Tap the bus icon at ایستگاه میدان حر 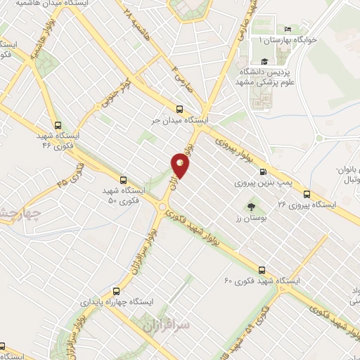point(179,109)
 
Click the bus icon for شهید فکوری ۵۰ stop point(124,179)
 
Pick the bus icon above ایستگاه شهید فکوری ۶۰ point(262,270)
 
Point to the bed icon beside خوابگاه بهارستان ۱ point(288,30)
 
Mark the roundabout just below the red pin point(165,206)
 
